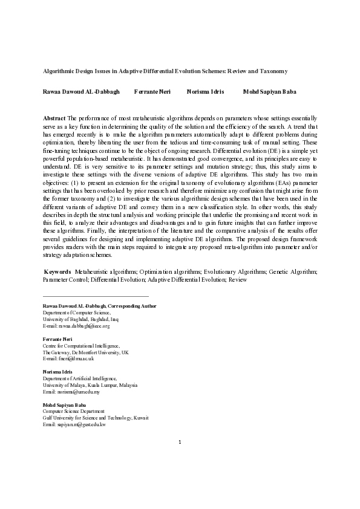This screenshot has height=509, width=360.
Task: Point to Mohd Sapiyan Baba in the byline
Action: pos(270,92)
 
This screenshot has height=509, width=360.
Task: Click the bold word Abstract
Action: pos(55,117)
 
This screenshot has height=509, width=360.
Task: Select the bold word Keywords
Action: pos(59,273)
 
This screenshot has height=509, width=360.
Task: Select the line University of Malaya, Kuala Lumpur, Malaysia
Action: pos(90,385)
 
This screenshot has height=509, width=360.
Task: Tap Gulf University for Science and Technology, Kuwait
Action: pos(96,418)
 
